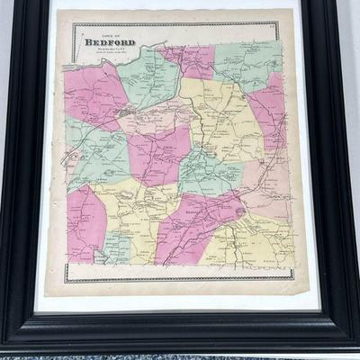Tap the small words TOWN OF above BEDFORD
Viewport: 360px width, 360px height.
coord(98,32)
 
